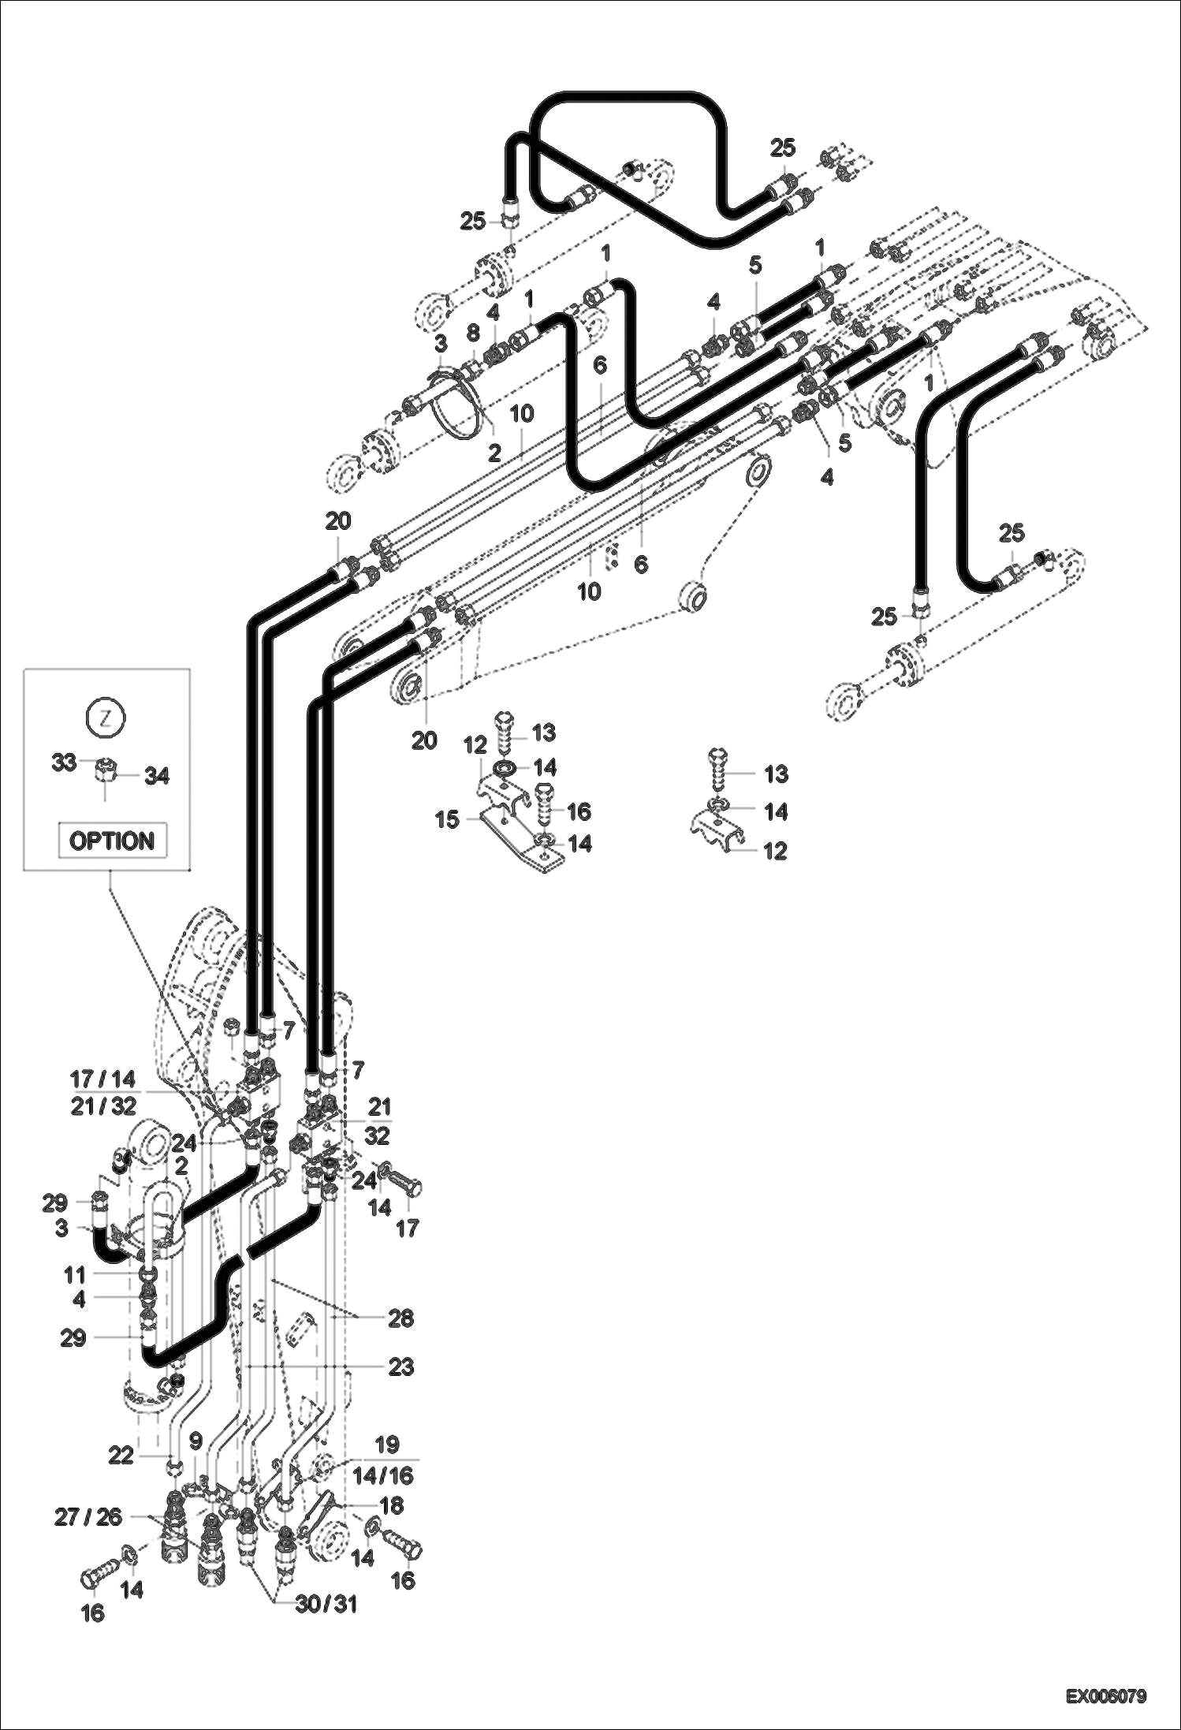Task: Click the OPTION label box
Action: click(x=112, y=841)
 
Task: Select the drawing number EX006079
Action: click(x=1106, y=1695)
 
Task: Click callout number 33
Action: click(x=64, y=762)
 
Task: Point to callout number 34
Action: click(x=156, y=776)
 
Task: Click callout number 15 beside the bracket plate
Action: click(x=446, y=819)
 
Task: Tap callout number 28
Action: click(x=400, y=1318)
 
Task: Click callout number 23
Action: click(x=400, y=1366)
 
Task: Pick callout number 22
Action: click(x=121, y=1456)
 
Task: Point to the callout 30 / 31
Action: click(x=326, y=1604)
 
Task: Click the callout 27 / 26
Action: click(x=88, y=1517)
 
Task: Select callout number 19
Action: click(x=386, y=1445)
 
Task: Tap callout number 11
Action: click(x=74, y=1273)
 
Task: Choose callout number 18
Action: click(x=392, y=1505)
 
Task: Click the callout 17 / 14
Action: click(x=102, y=1079)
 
